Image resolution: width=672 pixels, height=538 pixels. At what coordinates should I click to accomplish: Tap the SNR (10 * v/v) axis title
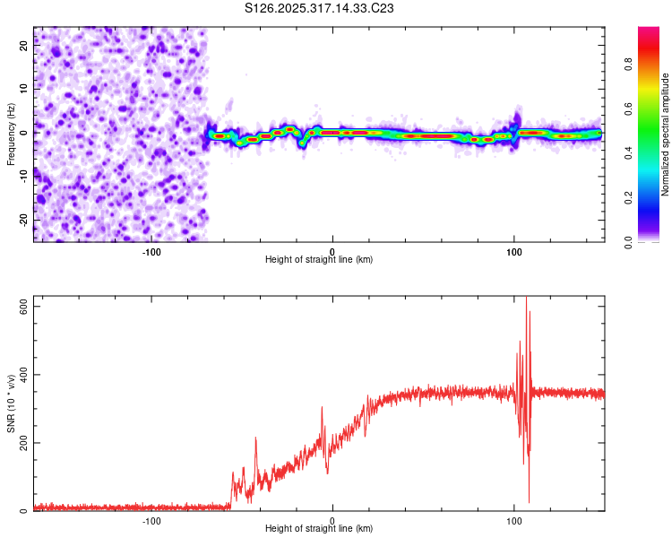pos(11,407)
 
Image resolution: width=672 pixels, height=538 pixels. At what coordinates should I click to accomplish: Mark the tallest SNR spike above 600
pos(526,299)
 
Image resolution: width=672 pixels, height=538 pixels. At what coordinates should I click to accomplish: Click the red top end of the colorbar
pos(648,31)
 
